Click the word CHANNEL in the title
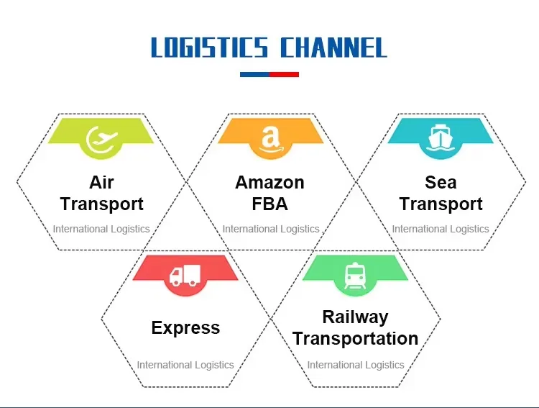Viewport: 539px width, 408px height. [333, 48]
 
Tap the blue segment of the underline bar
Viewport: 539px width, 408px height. [254, 74]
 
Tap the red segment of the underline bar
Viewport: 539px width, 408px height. [284, 74]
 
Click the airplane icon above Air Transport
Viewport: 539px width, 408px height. [101, 138]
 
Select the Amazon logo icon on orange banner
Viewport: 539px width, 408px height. [269, 138]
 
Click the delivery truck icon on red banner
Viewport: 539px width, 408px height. [185, 274]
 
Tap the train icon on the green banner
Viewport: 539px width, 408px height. [355, 274]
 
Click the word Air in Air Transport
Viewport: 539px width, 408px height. [101, 182]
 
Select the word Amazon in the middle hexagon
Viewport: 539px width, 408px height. [269, 182]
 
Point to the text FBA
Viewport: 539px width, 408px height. [269, 204]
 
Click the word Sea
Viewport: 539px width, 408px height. [441, 182]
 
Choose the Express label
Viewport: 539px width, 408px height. [185, 328]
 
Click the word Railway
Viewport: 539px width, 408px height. [355, 317]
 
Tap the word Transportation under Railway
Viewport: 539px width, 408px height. [355, 338]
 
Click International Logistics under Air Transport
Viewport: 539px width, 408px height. [101, 229]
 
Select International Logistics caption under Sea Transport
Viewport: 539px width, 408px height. [441, 229]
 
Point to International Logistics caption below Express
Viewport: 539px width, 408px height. [185, 365]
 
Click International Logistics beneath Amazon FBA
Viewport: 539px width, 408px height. [270, 229]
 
